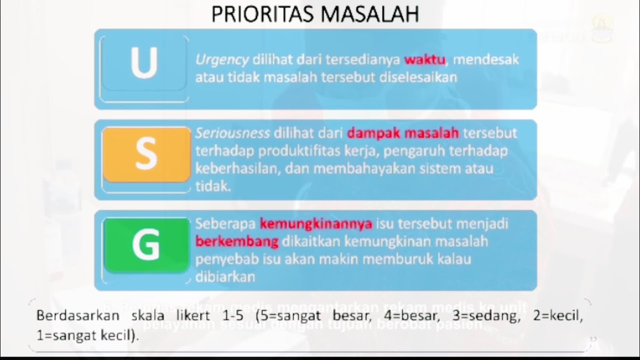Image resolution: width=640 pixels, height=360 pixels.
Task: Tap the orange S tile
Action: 146,154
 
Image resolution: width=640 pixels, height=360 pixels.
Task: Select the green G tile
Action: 146,244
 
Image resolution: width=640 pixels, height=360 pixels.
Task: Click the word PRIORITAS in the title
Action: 257,14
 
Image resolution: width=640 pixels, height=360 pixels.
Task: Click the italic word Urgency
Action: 222,60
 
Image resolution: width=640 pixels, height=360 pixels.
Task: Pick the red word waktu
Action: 424,60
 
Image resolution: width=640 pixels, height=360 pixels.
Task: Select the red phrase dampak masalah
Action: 403,133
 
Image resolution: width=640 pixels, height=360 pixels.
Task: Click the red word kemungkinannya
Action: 316,223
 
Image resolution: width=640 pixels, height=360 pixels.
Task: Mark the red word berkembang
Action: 236,241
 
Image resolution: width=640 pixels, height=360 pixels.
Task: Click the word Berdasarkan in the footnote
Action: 77,316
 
